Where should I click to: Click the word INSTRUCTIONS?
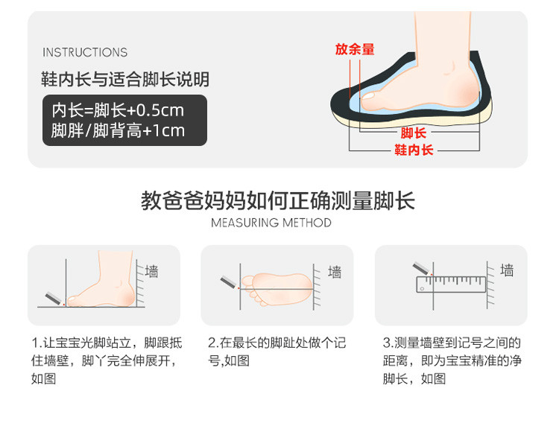pos(85,52)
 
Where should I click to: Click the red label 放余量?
pos(355,49)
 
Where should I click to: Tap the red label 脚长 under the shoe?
pos(413,133)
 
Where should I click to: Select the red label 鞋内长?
pos(414,150)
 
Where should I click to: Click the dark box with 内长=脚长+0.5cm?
pos(124,121)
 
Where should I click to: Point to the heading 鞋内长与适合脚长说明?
pos(125,79)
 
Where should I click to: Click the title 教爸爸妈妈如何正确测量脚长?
pos(278,200)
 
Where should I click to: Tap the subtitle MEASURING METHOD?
pos(271,223)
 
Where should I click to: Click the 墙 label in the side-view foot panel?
pos(151,271)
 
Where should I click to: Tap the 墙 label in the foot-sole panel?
pos(335,272)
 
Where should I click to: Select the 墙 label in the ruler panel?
pos(507,270)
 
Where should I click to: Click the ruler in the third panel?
pos(451,285)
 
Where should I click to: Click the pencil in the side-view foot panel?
pos(54,299)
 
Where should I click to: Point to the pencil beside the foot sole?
pos(230,282)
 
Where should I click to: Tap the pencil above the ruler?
pos(423,269)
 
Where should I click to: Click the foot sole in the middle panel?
pos(277,289)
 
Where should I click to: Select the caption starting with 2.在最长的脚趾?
pos(277,352)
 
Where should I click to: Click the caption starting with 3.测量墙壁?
pos(452,360)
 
